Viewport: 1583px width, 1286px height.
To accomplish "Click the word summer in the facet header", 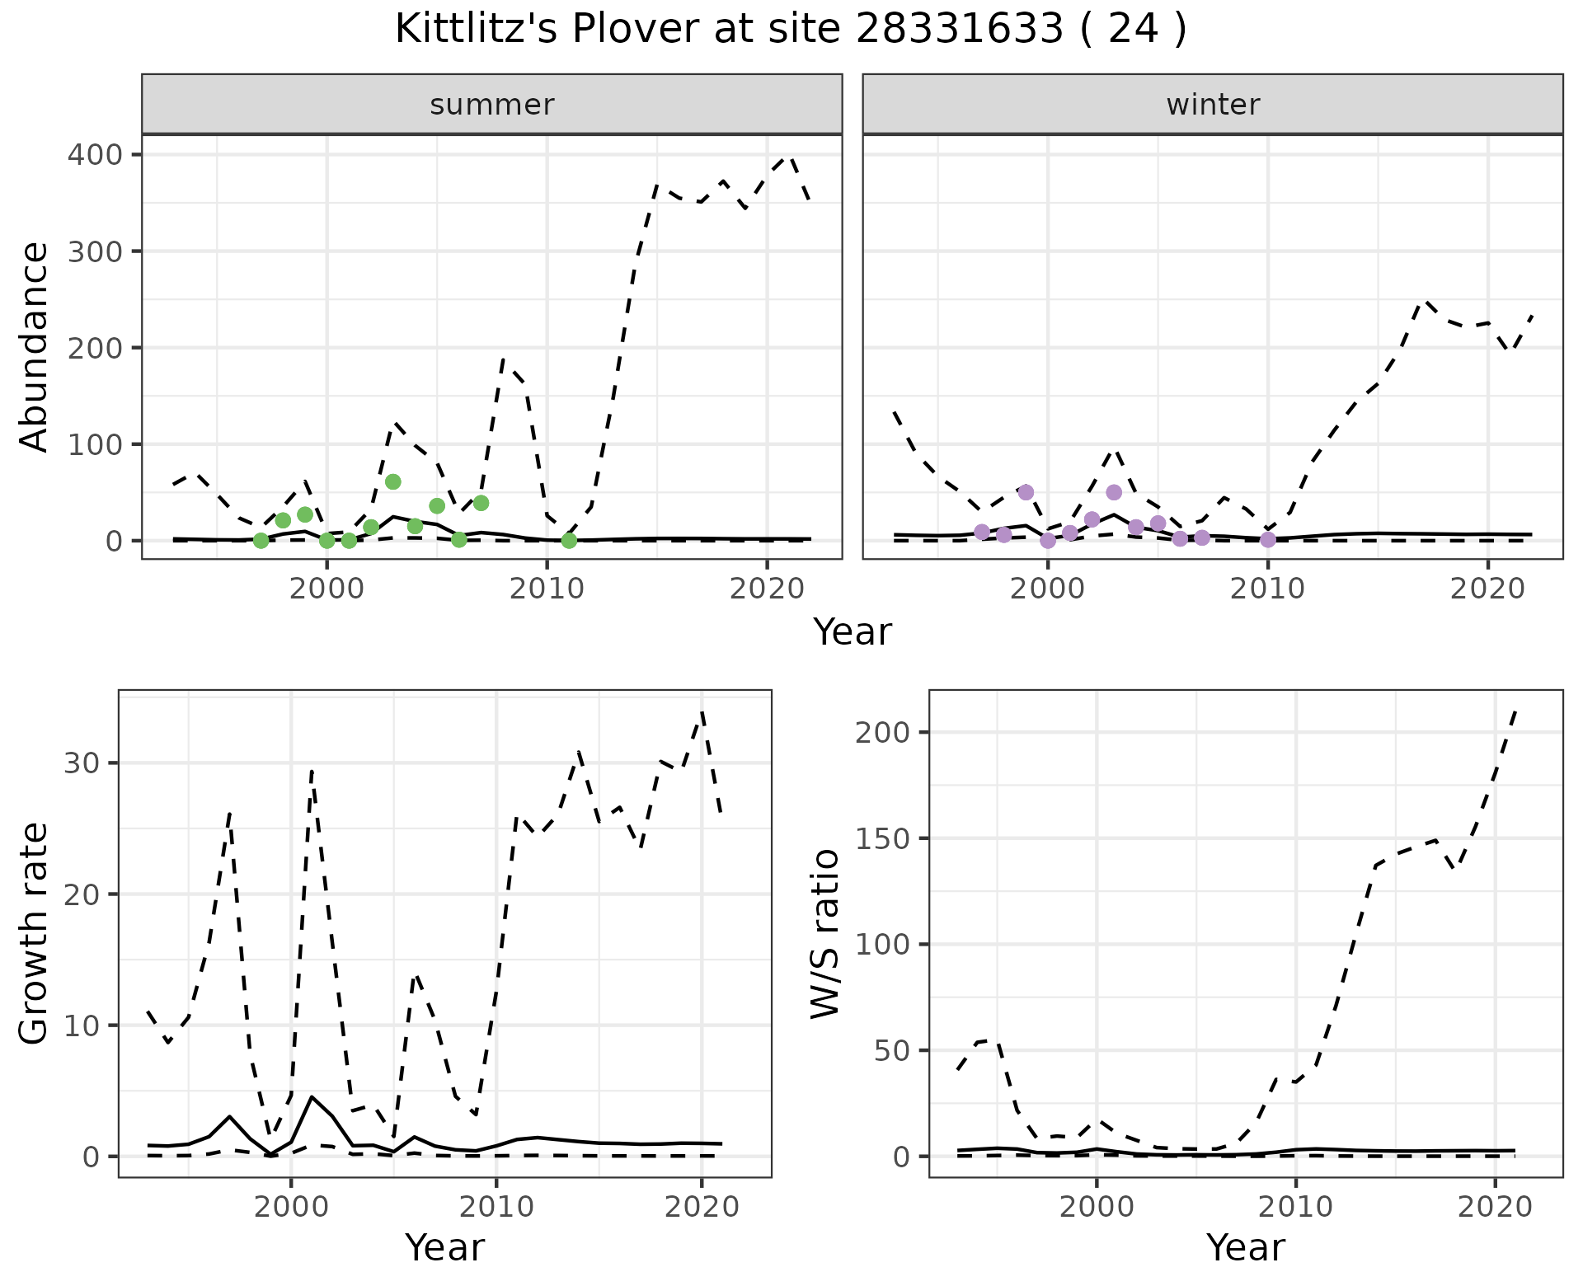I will click(x=491, y=105).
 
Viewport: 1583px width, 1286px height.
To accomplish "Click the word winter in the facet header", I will click(x=1212, y=105).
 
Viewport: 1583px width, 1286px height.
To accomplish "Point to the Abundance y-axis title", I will click(x=35, y=346).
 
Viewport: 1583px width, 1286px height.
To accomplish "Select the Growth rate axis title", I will click(x=35, y=933).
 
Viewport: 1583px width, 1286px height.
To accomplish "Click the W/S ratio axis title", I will click(x=824, y=933).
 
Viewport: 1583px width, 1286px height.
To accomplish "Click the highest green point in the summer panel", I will click(x=393, y=481).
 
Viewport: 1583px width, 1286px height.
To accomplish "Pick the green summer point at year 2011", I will click(x=569, y=540).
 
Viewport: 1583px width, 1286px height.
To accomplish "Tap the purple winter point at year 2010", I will click(x=1268, y=539).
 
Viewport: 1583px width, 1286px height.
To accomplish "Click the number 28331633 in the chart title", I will click(x=960, y=30).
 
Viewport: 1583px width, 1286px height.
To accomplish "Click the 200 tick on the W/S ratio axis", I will click(x=883, y=733).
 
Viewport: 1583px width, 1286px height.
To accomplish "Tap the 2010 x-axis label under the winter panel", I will click(x=1268, y=589).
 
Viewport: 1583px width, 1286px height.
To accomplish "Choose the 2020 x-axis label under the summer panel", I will click(x=767, y=589).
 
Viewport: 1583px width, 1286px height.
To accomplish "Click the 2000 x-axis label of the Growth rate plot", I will click(x=290, y=1208).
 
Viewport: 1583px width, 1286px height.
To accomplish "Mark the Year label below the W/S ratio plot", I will click(x=1245, y=1247).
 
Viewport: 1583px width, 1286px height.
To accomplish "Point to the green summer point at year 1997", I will click(x=261, y=540).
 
